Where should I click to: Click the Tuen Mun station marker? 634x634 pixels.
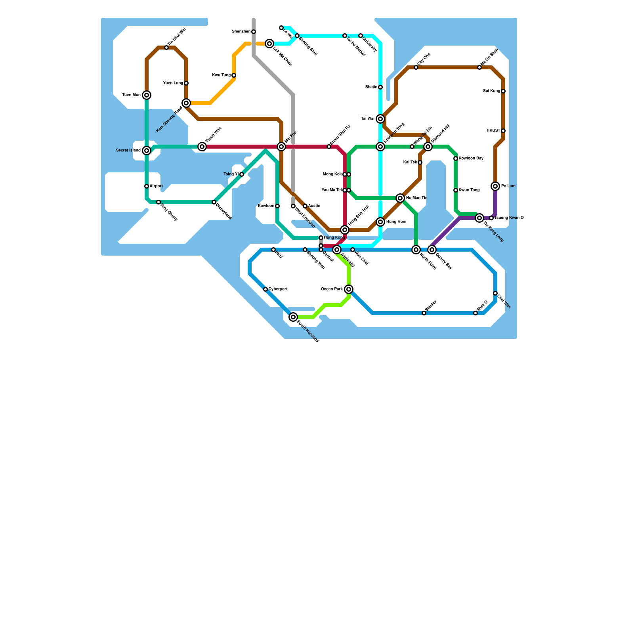147,95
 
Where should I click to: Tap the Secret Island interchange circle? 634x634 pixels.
147,151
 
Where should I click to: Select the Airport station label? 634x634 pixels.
156,186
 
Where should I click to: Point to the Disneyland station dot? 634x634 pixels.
214,202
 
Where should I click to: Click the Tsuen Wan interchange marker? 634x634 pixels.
202,147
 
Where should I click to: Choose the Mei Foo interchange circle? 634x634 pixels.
281,147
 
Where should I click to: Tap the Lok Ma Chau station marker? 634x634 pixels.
269,44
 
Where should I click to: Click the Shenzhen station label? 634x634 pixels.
241,32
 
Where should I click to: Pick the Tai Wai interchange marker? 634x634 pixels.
380,119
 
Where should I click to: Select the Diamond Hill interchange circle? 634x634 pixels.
428,147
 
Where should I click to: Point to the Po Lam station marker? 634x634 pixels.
495,186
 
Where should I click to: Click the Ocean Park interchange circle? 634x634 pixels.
349,289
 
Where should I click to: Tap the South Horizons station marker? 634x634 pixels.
293,317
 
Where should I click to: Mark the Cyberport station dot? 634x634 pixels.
265,289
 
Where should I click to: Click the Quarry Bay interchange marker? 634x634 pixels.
432,250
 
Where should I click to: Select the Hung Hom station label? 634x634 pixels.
396,222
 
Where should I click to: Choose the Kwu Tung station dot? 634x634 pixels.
234,75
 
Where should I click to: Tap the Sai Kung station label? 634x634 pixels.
491,91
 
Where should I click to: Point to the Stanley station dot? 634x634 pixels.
424,313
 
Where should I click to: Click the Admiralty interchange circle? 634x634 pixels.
337,250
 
